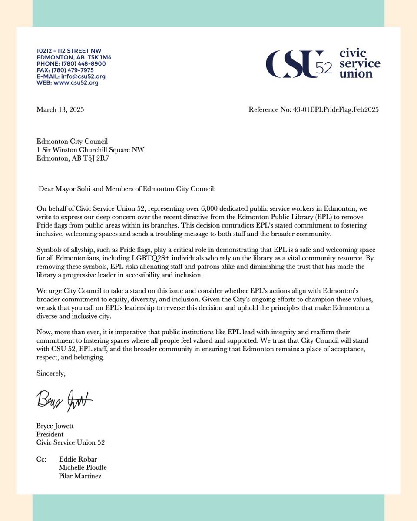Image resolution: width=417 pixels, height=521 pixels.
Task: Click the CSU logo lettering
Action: (294, 64)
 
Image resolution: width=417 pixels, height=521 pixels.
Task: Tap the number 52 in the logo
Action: (324, 68)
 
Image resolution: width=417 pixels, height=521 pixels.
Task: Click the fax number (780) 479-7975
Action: (78, 70)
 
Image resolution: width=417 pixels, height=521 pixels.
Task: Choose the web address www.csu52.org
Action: (76, 83)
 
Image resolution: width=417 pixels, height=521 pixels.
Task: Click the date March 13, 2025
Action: (60, 110)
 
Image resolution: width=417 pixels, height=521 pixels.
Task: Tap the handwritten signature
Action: (64, 398)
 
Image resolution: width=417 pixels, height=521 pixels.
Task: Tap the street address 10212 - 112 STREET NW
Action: (69, 51)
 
